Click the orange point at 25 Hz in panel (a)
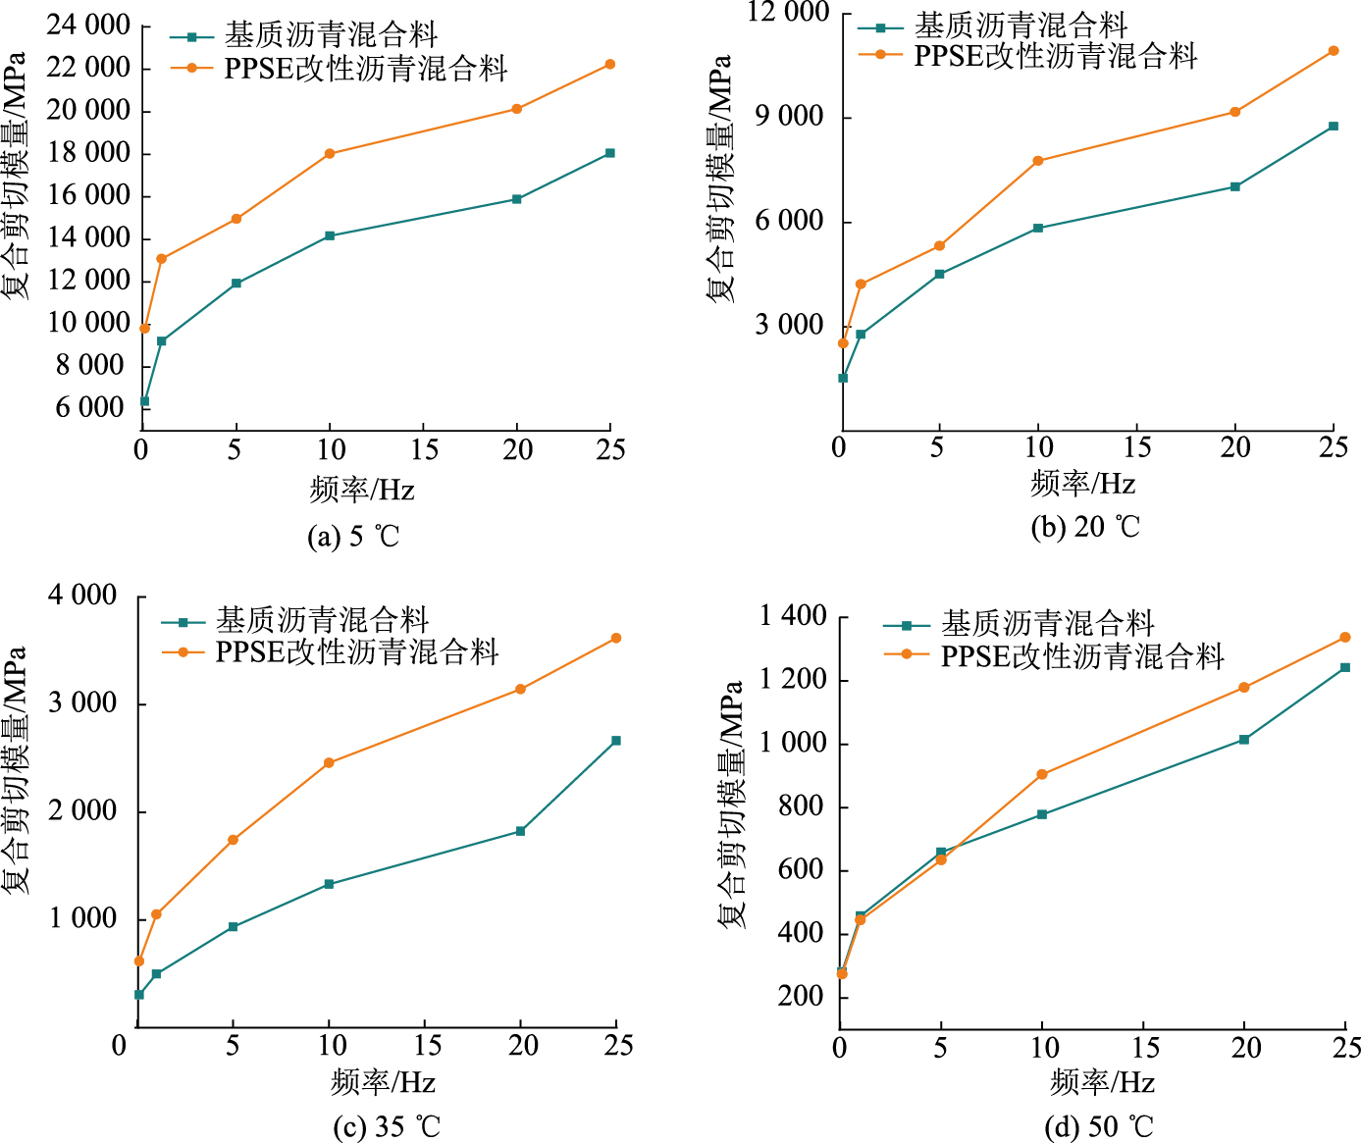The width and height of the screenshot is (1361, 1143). (x=610, y=65)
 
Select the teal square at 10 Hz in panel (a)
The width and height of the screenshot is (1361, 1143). (x=330, y=235)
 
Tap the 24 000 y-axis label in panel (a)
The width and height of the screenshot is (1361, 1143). (x=88, y=26)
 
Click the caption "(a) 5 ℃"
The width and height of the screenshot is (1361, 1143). (x=353, y=537)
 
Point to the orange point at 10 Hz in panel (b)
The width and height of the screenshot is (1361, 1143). (x=1038, y=161)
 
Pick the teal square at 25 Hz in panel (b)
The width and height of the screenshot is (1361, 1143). (x=1334, y=127)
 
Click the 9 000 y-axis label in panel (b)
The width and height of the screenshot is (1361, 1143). (x=789, y=117)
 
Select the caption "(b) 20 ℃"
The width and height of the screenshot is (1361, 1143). (x=1085, y=527)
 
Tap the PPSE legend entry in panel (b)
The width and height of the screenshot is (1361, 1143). (x=1055, y=56)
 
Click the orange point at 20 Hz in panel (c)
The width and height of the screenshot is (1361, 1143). (x=521, y=690)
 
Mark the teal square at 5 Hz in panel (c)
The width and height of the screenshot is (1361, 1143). (x=233, y=927)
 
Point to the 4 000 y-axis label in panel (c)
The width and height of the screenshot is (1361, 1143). (x=82, y=596)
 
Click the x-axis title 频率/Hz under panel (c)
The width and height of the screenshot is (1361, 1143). (x=383, y=1082)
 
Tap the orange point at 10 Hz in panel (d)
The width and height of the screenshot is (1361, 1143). (x=1042, y=775)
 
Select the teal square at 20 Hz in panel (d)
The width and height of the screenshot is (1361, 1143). (x=1244, y=740)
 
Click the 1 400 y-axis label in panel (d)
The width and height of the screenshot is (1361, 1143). (x=793, y=616)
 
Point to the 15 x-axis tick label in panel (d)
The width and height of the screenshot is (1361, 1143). (x=1145, y=1049)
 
